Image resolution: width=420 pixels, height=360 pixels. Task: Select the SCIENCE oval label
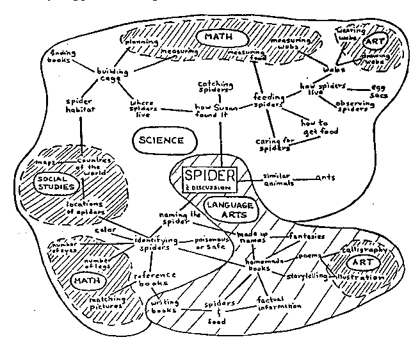[x=161, y=140]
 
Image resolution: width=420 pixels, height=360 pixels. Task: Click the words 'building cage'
[x=109, y=74]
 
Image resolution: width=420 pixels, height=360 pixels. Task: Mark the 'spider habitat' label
[x=81, y=105]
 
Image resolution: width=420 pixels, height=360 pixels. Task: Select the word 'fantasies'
[x=306, y=236]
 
